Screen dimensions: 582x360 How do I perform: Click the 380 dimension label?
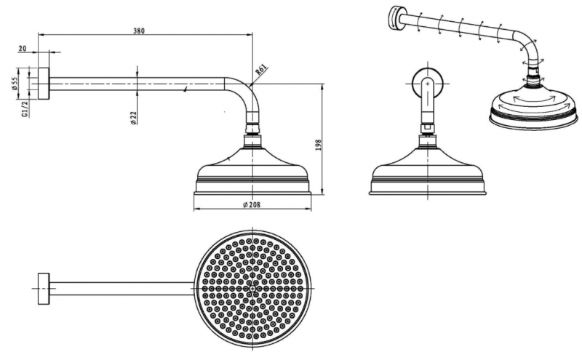pos(139,31)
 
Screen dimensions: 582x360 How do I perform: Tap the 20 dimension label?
pos(23,49)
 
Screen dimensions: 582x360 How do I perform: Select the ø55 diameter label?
pos(15,84)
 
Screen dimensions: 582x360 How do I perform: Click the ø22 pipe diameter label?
pos(134,117)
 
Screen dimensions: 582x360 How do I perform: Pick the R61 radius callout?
pos(261,71)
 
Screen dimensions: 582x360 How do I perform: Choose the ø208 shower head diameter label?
pos(252,204)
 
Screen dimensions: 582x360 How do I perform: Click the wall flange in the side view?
pos(44,84)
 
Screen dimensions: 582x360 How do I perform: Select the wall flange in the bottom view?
pos(44,289)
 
